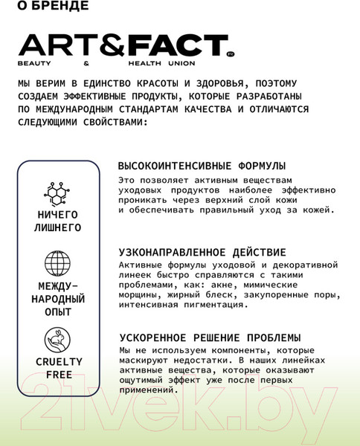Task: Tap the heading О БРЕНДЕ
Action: click(x=51, y=6)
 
